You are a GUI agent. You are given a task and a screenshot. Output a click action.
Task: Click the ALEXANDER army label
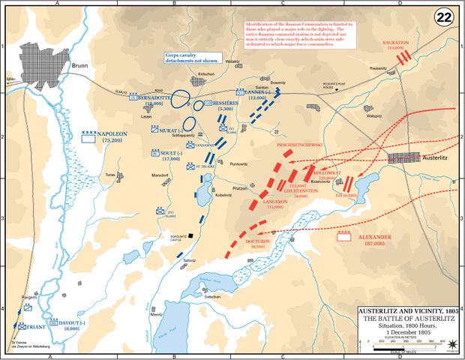pos(375,237)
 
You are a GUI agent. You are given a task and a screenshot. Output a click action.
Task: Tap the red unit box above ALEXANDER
pos(344,235)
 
